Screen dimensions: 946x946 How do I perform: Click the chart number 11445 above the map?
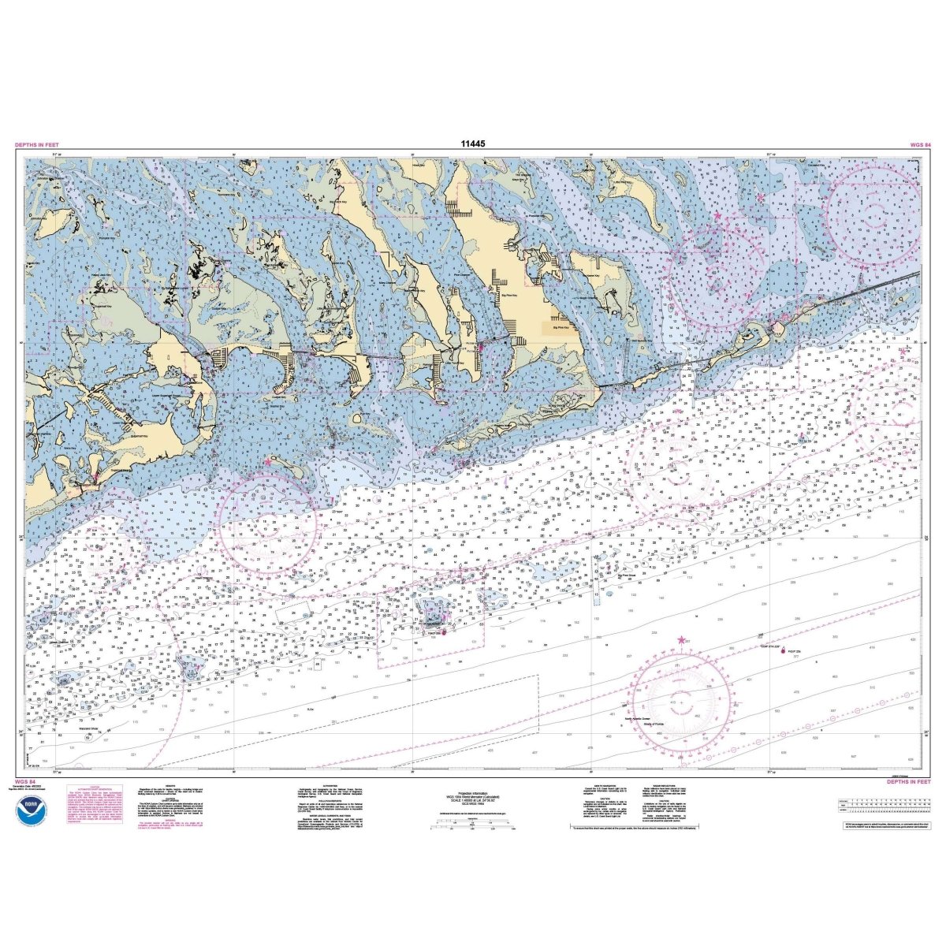[x=472, y=144]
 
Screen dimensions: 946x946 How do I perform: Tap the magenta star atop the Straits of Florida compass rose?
[x=682, y=640]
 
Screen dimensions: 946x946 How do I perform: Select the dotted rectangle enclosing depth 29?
[x=596, y=594]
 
